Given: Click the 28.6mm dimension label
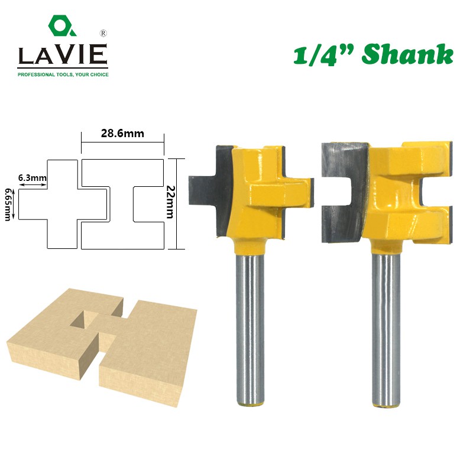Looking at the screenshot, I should click(122, 134).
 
